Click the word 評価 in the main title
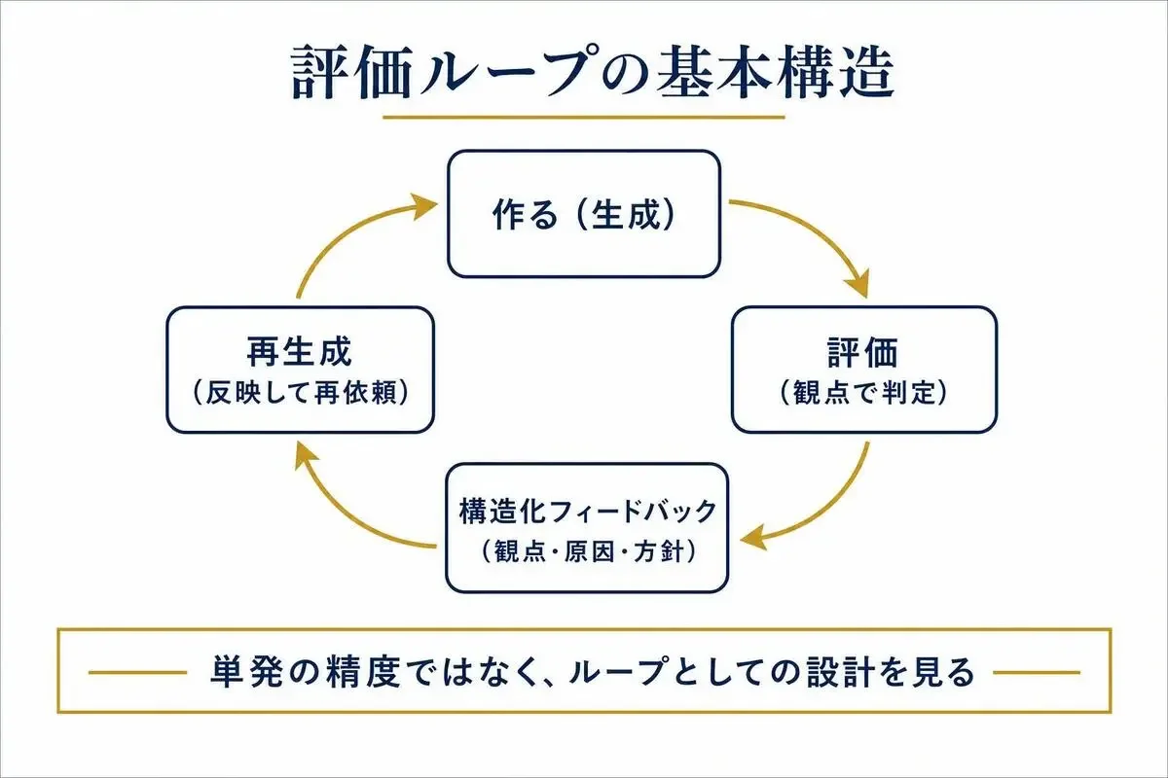(x=353, y=72)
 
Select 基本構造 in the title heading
(x=776, y=72)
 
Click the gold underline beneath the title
(x=583, y=118)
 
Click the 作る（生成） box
(x=584, y=214)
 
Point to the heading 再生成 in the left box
(x=300, y=352)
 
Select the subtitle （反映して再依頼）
(x=300, y=393)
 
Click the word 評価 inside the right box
(x=863, y=353)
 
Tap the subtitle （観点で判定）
(x=863, y=393)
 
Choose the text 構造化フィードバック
(x=587, y=512)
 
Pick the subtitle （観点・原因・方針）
(x=587, y=551)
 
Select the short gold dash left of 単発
(x=137, y=672)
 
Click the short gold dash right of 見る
(x=1037, y=672)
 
